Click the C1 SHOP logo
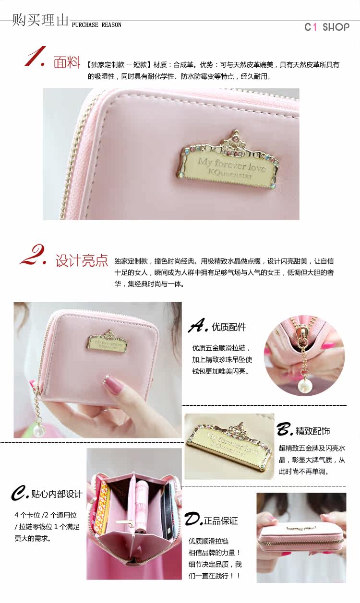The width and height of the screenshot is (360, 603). [327, 27]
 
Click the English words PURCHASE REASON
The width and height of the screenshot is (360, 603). [96, 25]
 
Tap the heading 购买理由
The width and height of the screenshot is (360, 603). [40, 20]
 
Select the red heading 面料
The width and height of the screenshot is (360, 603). [67, 62]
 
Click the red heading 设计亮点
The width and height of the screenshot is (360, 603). [82, 260]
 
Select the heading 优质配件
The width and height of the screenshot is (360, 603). [229, 327]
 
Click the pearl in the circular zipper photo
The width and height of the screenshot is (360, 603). [303, 384]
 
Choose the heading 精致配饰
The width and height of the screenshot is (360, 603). [312, 431]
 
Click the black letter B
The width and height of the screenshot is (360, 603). [284, 429]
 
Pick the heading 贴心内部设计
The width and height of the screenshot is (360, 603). [57, 494]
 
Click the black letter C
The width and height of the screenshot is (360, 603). [19, 493]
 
